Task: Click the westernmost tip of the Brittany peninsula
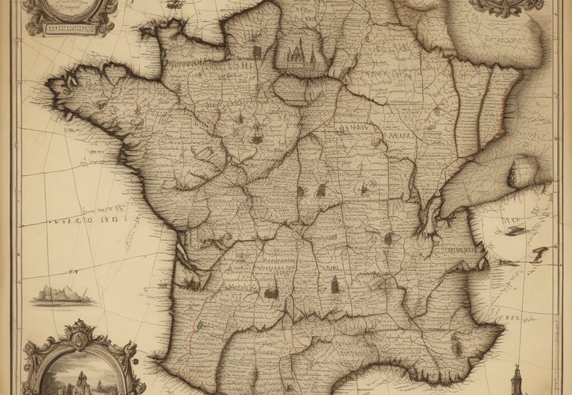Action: (x=51, y=84)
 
